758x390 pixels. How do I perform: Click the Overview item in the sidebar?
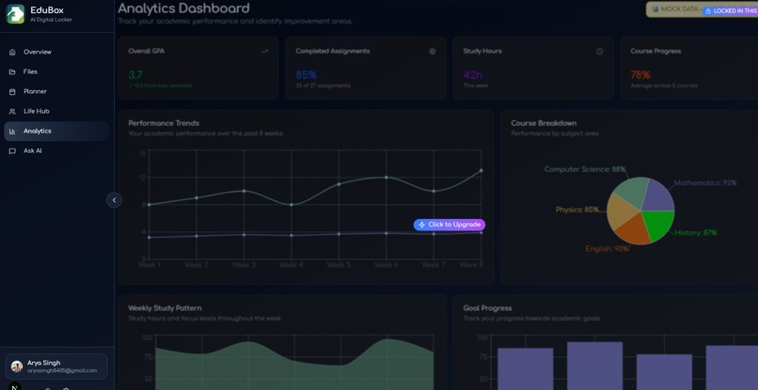[37, 52]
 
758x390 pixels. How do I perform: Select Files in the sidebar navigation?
[30, 71]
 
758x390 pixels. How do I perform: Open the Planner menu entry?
[35, 91]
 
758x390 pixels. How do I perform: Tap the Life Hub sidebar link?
[36, 111]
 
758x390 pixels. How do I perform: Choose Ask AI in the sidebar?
[32, 150]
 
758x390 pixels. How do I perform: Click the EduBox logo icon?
[15, 14]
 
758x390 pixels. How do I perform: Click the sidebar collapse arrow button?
[114, 200]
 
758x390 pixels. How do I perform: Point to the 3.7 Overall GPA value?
[135, 74]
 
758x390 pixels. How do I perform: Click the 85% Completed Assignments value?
[306, 74]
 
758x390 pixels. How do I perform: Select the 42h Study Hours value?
[472, 74]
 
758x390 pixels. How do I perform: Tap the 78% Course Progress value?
[640, 74]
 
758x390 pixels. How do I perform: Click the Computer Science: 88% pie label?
[584, 170]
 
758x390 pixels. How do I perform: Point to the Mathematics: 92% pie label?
[704, 182]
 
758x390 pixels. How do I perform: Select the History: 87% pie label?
[696, 232]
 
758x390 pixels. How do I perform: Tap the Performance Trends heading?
[164, 123]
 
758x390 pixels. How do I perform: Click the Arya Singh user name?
[44, 363]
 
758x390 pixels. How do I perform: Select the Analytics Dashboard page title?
[183, 8]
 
